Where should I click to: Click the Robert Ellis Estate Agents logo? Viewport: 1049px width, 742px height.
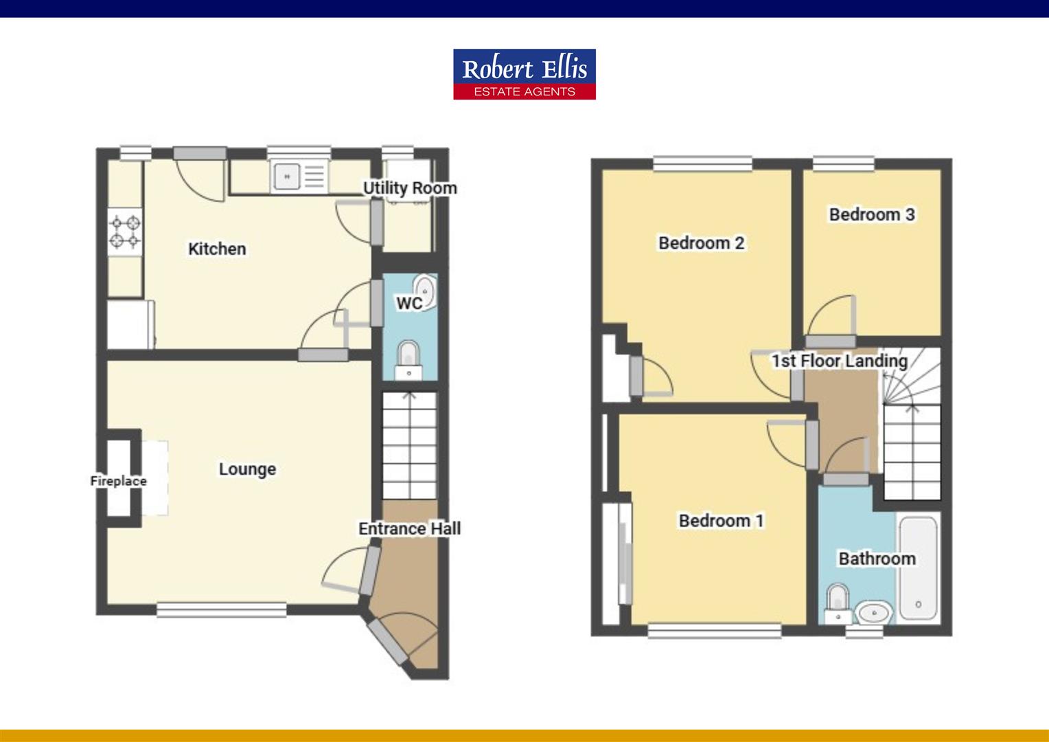(x=524, y=74)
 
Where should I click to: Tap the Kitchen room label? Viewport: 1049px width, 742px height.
(x=217, y=249)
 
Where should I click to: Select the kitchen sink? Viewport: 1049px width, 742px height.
(x=299, y=177)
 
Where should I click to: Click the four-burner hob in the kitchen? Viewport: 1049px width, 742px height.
(x=125, y=232)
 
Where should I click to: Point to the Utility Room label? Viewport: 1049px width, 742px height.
(x=410, y=188)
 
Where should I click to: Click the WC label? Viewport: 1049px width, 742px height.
(x=409, y=303)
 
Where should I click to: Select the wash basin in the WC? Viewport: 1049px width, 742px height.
(x=425, y=291)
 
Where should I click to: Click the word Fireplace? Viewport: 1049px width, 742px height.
(x=119, y=481)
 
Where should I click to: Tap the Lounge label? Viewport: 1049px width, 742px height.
(x=247, y=469)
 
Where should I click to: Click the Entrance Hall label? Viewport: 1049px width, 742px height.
(x=409, y=529)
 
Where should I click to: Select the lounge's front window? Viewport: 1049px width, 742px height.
(x=221, y=609)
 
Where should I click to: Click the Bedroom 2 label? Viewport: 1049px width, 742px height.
(x=701, y=243)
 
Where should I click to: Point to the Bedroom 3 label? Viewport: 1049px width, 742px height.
(x=872, y=214)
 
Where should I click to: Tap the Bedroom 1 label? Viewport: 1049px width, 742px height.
(x=721, y=521)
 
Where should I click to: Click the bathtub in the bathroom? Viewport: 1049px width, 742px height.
(x=919, y=567)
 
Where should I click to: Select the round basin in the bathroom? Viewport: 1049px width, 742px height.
(x=874, y=611)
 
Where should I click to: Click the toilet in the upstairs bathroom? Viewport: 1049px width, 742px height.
(x=838, y=603)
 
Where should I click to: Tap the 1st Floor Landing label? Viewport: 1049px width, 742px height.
(x=840, y=361)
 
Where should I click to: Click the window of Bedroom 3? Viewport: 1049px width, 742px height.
(x=844, y=163)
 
